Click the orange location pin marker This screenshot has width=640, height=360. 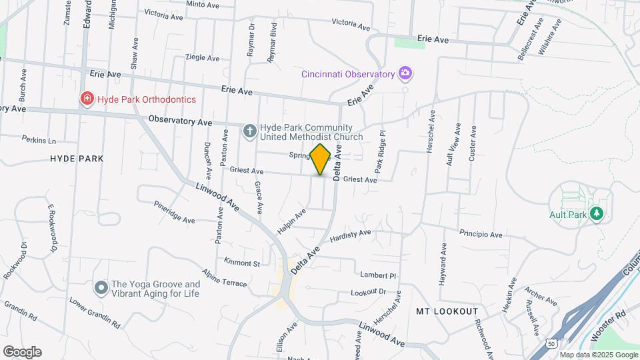click(x=321, y=159)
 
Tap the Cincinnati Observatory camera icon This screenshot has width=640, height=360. click(x=404, y=73)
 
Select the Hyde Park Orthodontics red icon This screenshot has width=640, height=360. click(x=87, y=99)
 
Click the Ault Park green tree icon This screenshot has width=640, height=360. click(x=597, y=213)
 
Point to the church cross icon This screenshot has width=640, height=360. click(x=249, y=131)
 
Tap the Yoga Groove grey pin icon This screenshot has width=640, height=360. click(x=101, y=287)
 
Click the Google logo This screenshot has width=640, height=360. click(x=22, y=352)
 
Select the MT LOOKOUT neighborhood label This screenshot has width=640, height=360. click(x=447, y=311)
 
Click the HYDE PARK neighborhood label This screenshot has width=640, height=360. click(x=77, y=159)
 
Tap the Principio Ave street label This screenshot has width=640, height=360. click(x=480, y=233)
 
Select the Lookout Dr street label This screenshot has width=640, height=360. click(x=369, y=292)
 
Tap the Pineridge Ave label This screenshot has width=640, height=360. click(x=174, y=213)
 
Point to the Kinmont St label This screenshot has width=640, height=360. click(x=242, y=263)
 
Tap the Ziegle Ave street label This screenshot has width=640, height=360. click(x=202, y=58)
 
